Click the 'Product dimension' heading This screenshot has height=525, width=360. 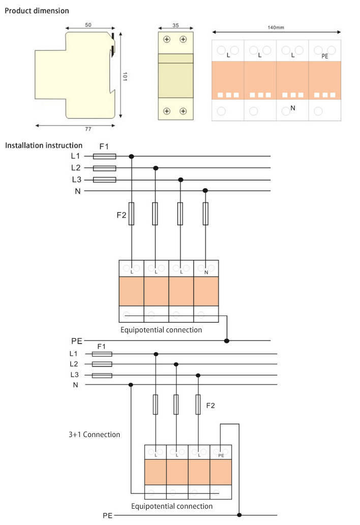pos(37,11)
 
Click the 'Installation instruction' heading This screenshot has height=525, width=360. pos(43,145)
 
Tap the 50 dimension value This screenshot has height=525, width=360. pos(88,24)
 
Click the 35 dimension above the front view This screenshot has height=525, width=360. pos(175,24)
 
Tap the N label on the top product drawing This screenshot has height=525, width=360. pos(293,108)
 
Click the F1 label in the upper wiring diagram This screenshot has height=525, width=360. pos(104,146)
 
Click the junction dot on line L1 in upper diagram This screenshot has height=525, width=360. pos(132,157)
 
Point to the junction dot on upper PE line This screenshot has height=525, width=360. pos(227,341)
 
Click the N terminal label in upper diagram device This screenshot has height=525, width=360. pos(206,272)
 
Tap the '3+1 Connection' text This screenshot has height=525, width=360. pos(94,435)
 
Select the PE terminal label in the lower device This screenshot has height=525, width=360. pos(221,456)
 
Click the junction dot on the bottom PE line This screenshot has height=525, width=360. pos(239,515)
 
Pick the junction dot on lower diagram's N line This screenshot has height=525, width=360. pos(131,385)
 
